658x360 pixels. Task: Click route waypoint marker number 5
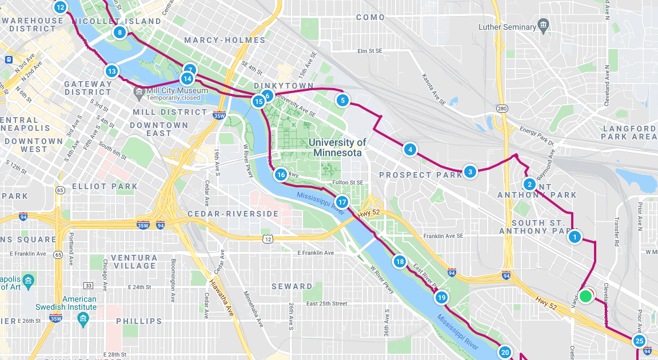(342, 101)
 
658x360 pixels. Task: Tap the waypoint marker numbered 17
(342, 202)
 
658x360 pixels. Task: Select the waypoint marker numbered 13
(111, 71)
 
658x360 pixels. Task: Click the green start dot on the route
(585, 297)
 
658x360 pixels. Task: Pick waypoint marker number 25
(640, 341)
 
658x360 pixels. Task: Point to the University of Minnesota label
(337, 147)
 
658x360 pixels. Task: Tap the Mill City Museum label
(177, 90)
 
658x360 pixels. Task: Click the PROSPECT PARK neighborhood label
(421, 175)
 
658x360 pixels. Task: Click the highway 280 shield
(502, 109)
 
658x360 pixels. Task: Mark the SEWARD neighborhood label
(292, 286)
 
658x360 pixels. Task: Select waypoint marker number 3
(469, 171)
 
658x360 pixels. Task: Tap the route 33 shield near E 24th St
(87, 285)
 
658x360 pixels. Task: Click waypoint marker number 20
(504, 352)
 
